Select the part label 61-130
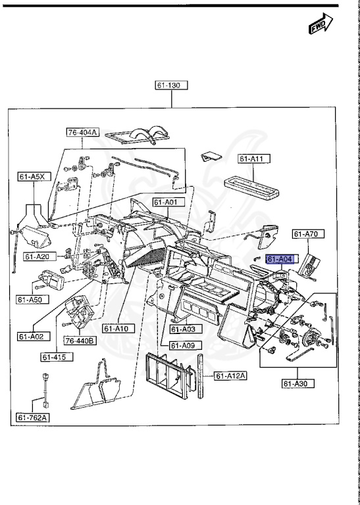(171, 85)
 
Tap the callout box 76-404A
(83, 132)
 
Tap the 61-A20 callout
(41, 256)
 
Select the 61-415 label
(57, 358)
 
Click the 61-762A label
(33, 417)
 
